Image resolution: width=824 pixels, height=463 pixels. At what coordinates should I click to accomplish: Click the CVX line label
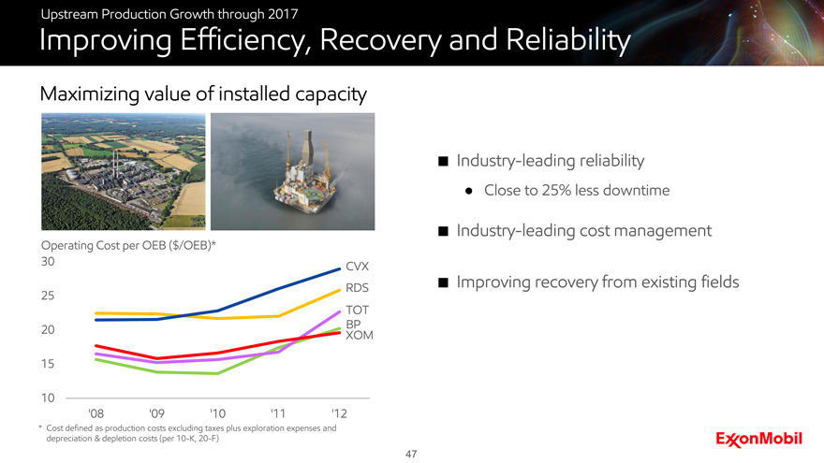(357, 267)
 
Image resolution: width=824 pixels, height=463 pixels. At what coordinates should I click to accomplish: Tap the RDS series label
(357, 288)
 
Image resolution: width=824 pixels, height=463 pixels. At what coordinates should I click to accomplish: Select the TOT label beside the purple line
(357, 310)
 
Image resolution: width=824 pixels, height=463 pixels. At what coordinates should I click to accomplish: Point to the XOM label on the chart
(359, 335)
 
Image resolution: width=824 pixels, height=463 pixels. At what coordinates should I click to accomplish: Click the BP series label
(353, 324)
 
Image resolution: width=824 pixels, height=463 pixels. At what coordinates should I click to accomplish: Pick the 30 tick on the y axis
(48, 261)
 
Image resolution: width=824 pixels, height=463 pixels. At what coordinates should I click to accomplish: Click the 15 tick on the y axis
(48, 364)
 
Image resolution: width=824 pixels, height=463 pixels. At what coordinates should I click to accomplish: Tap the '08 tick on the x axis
(96, 413)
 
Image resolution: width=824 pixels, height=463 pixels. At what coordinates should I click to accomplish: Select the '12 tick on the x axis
(339, 413)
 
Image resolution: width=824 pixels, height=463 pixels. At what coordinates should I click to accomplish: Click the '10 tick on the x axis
(217, 413)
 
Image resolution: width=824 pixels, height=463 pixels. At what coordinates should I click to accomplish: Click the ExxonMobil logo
(758, 439)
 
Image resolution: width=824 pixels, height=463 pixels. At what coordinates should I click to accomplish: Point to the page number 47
(411, 454)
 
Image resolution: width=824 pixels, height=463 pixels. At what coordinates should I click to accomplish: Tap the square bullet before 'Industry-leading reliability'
(443, 161)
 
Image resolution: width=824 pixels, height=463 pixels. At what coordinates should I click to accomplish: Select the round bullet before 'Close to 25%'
(469, 191)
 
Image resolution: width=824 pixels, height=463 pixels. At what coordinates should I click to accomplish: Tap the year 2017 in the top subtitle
(283, 14)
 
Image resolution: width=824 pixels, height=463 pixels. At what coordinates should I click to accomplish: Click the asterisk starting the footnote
(40, 427)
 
